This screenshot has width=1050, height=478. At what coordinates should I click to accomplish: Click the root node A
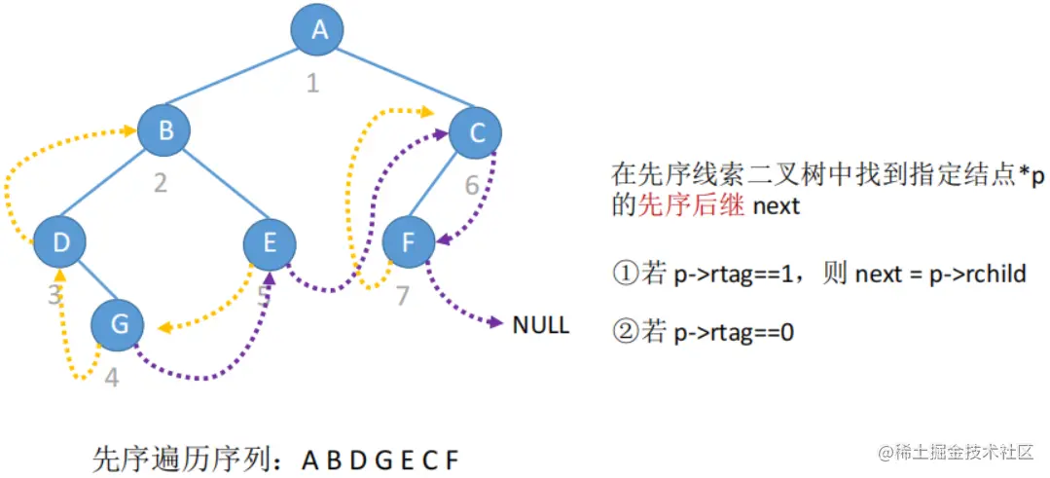click(318, 31)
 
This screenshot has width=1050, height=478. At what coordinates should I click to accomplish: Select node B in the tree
click(163, 130)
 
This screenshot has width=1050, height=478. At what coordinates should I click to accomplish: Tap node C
click(476, 132)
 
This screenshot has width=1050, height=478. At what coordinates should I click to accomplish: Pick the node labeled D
click(60, 241)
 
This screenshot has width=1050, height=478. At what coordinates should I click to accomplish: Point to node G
click(119, 323)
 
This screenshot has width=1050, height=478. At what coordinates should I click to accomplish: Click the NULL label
click(540, 325)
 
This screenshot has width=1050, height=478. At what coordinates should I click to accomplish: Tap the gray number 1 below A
click(312, 84)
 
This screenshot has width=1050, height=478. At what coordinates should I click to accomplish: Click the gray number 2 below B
click(161, 183)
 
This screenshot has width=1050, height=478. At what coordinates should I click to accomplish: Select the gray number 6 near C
click(472, 184)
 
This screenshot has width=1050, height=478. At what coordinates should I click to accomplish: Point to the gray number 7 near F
click(403, 295)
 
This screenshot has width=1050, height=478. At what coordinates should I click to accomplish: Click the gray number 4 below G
click(112, 377)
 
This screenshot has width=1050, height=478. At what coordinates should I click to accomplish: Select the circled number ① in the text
click(625, 274)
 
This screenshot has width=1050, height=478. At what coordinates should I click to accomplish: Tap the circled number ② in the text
click(625, 332)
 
